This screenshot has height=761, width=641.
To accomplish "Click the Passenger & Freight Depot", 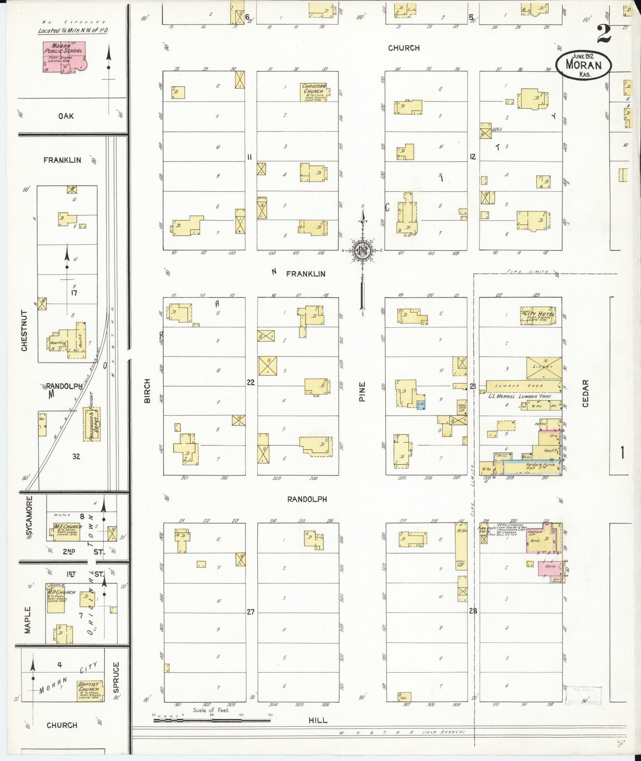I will tap(92, 424).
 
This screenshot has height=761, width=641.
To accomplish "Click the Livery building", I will tap(544, 367).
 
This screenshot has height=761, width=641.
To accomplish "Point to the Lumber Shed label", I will tap(523, 386).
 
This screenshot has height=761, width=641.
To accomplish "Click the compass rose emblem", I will tap(362, 250).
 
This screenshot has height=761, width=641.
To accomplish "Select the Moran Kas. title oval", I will tap(584, 65).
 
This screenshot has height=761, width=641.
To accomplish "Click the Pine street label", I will tap(362, 392).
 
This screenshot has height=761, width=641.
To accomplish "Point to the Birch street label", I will tap(147, 391).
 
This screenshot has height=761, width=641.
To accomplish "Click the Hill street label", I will tap(318, 721).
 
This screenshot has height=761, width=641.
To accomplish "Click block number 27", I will tap(251, 612).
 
